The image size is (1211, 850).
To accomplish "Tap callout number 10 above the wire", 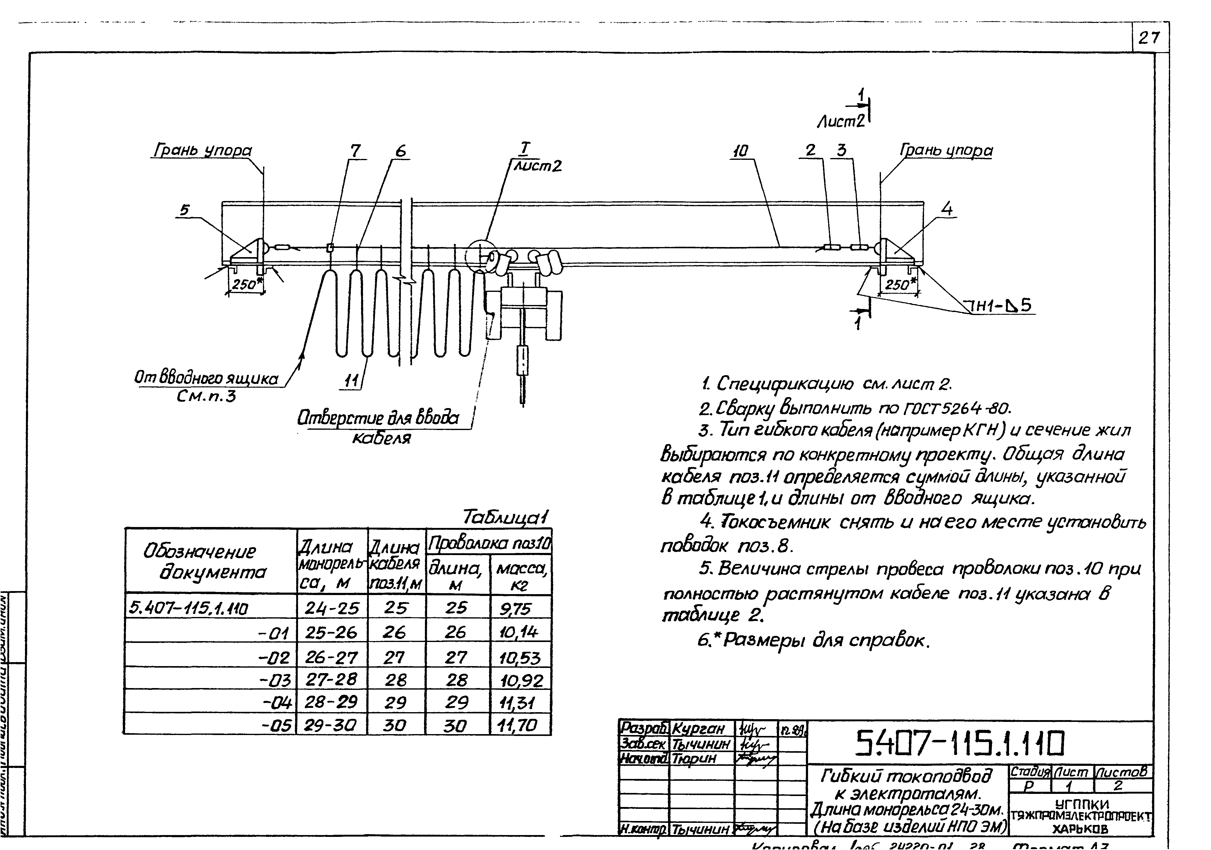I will point(741,151).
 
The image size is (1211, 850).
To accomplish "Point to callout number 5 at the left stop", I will point(184,210).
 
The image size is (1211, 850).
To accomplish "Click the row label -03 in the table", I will point(275,680).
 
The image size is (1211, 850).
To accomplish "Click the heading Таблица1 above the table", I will point(505,517).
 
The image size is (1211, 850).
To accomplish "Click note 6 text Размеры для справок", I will point(812,641).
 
